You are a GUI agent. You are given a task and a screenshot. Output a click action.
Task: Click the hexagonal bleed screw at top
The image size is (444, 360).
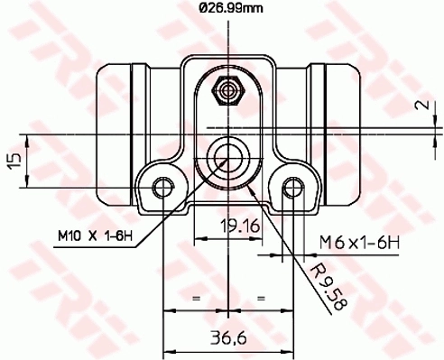coord(225,90)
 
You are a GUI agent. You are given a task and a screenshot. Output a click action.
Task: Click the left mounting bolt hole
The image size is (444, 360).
coord(162,187)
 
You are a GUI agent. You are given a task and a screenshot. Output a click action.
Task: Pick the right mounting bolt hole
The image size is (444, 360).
coord(291,187)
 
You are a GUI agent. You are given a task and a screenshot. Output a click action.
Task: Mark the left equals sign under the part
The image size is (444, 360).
coord(193,297)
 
